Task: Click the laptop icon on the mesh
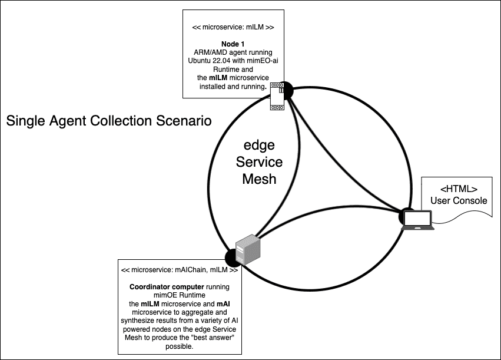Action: pos(419,219)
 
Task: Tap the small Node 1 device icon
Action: pos(277,95)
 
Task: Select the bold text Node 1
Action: pos(233,44)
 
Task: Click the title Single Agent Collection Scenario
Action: pos(108,122)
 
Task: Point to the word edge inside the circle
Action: pos(259,146)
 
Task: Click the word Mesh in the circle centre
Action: pos(259,178)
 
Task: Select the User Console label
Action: pos(459,200)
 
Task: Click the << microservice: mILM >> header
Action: pos(233,27)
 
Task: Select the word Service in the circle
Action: pos(259,162)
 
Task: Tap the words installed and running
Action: pos(233,86)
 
